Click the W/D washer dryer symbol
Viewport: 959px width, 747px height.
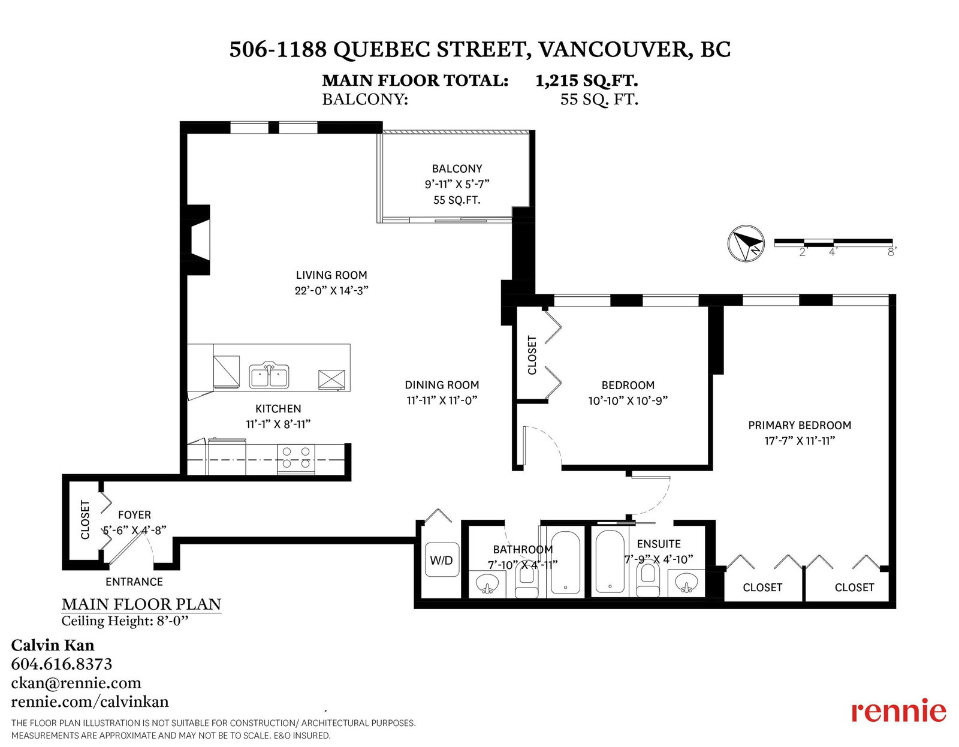pos(441,560)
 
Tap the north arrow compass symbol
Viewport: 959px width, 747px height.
pos(746,243)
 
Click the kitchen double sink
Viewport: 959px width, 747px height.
pos(269,376)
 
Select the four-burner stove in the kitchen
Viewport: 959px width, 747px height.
pos(295,459)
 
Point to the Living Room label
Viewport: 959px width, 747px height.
pos(331,275)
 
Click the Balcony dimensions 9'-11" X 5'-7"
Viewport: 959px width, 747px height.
pos(457,184)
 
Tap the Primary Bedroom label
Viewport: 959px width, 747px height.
pos(799,425)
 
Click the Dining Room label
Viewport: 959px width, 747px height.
pos(442,385)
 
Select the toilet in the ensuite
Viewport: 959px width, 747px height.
pos(647,580)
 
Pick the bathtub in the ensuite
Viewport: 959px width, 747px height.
pos(610,561)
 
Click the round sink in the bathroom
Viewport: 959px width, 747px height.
pos(488,584)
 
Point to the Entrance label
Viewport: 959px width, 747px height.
pos(134,582)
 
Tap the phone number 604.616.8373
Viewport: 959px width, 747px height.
pos(62,664)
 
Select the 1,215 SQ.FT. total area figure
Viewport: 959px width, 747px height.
pos(587,80)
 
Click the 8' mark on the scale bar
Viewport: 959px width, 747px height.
pos(891,252)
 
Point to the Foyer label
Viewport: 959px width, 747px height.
pos(135,514)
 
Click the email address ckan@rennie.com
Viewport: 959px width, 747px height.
pos(76,683)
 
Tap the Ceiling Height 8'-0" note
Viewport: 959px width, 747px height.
pos(125,621)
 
